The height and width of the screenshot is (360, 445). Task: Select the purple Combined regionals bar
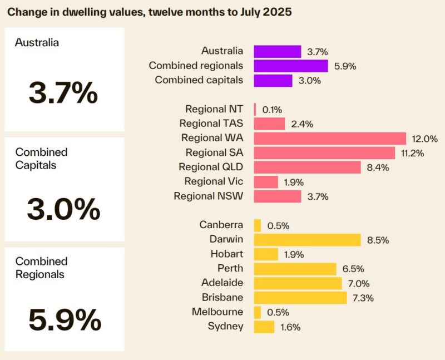pos(291,66)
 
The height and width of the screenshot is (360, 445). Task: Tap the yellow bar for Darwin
pos(308,240)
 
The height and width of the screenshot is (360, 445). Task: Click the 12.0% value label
pos(424,139)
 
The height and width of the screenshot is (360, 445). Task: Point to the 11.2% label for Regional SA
pos(412,153)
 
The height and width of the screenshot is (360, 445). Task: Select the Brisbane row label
pos(222,297)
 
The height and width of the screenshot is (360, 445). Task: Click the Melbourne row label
pos(217,312)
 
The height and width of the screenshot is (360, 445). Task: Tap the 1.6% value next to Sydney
pos(289,327)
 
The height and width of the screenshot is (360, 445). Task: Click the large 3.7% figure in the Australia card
pos(63,93)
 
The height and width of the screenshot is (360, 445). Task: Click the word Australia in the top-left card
pos(37,42)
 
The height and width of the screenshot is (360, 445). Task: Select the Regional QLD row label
pos(211,167)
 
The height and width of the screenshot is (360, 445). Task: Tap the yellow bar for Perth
pos(295,269)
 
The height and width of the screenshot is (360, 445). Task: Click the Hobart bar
pos(266,254)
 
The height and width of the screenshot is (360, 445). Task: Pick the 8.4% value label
pos(377,167)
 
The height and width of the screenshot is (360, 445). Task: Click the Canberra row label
pos(221,225)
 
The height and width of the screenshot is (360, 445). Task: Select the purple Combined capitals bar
pos(273,81)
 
